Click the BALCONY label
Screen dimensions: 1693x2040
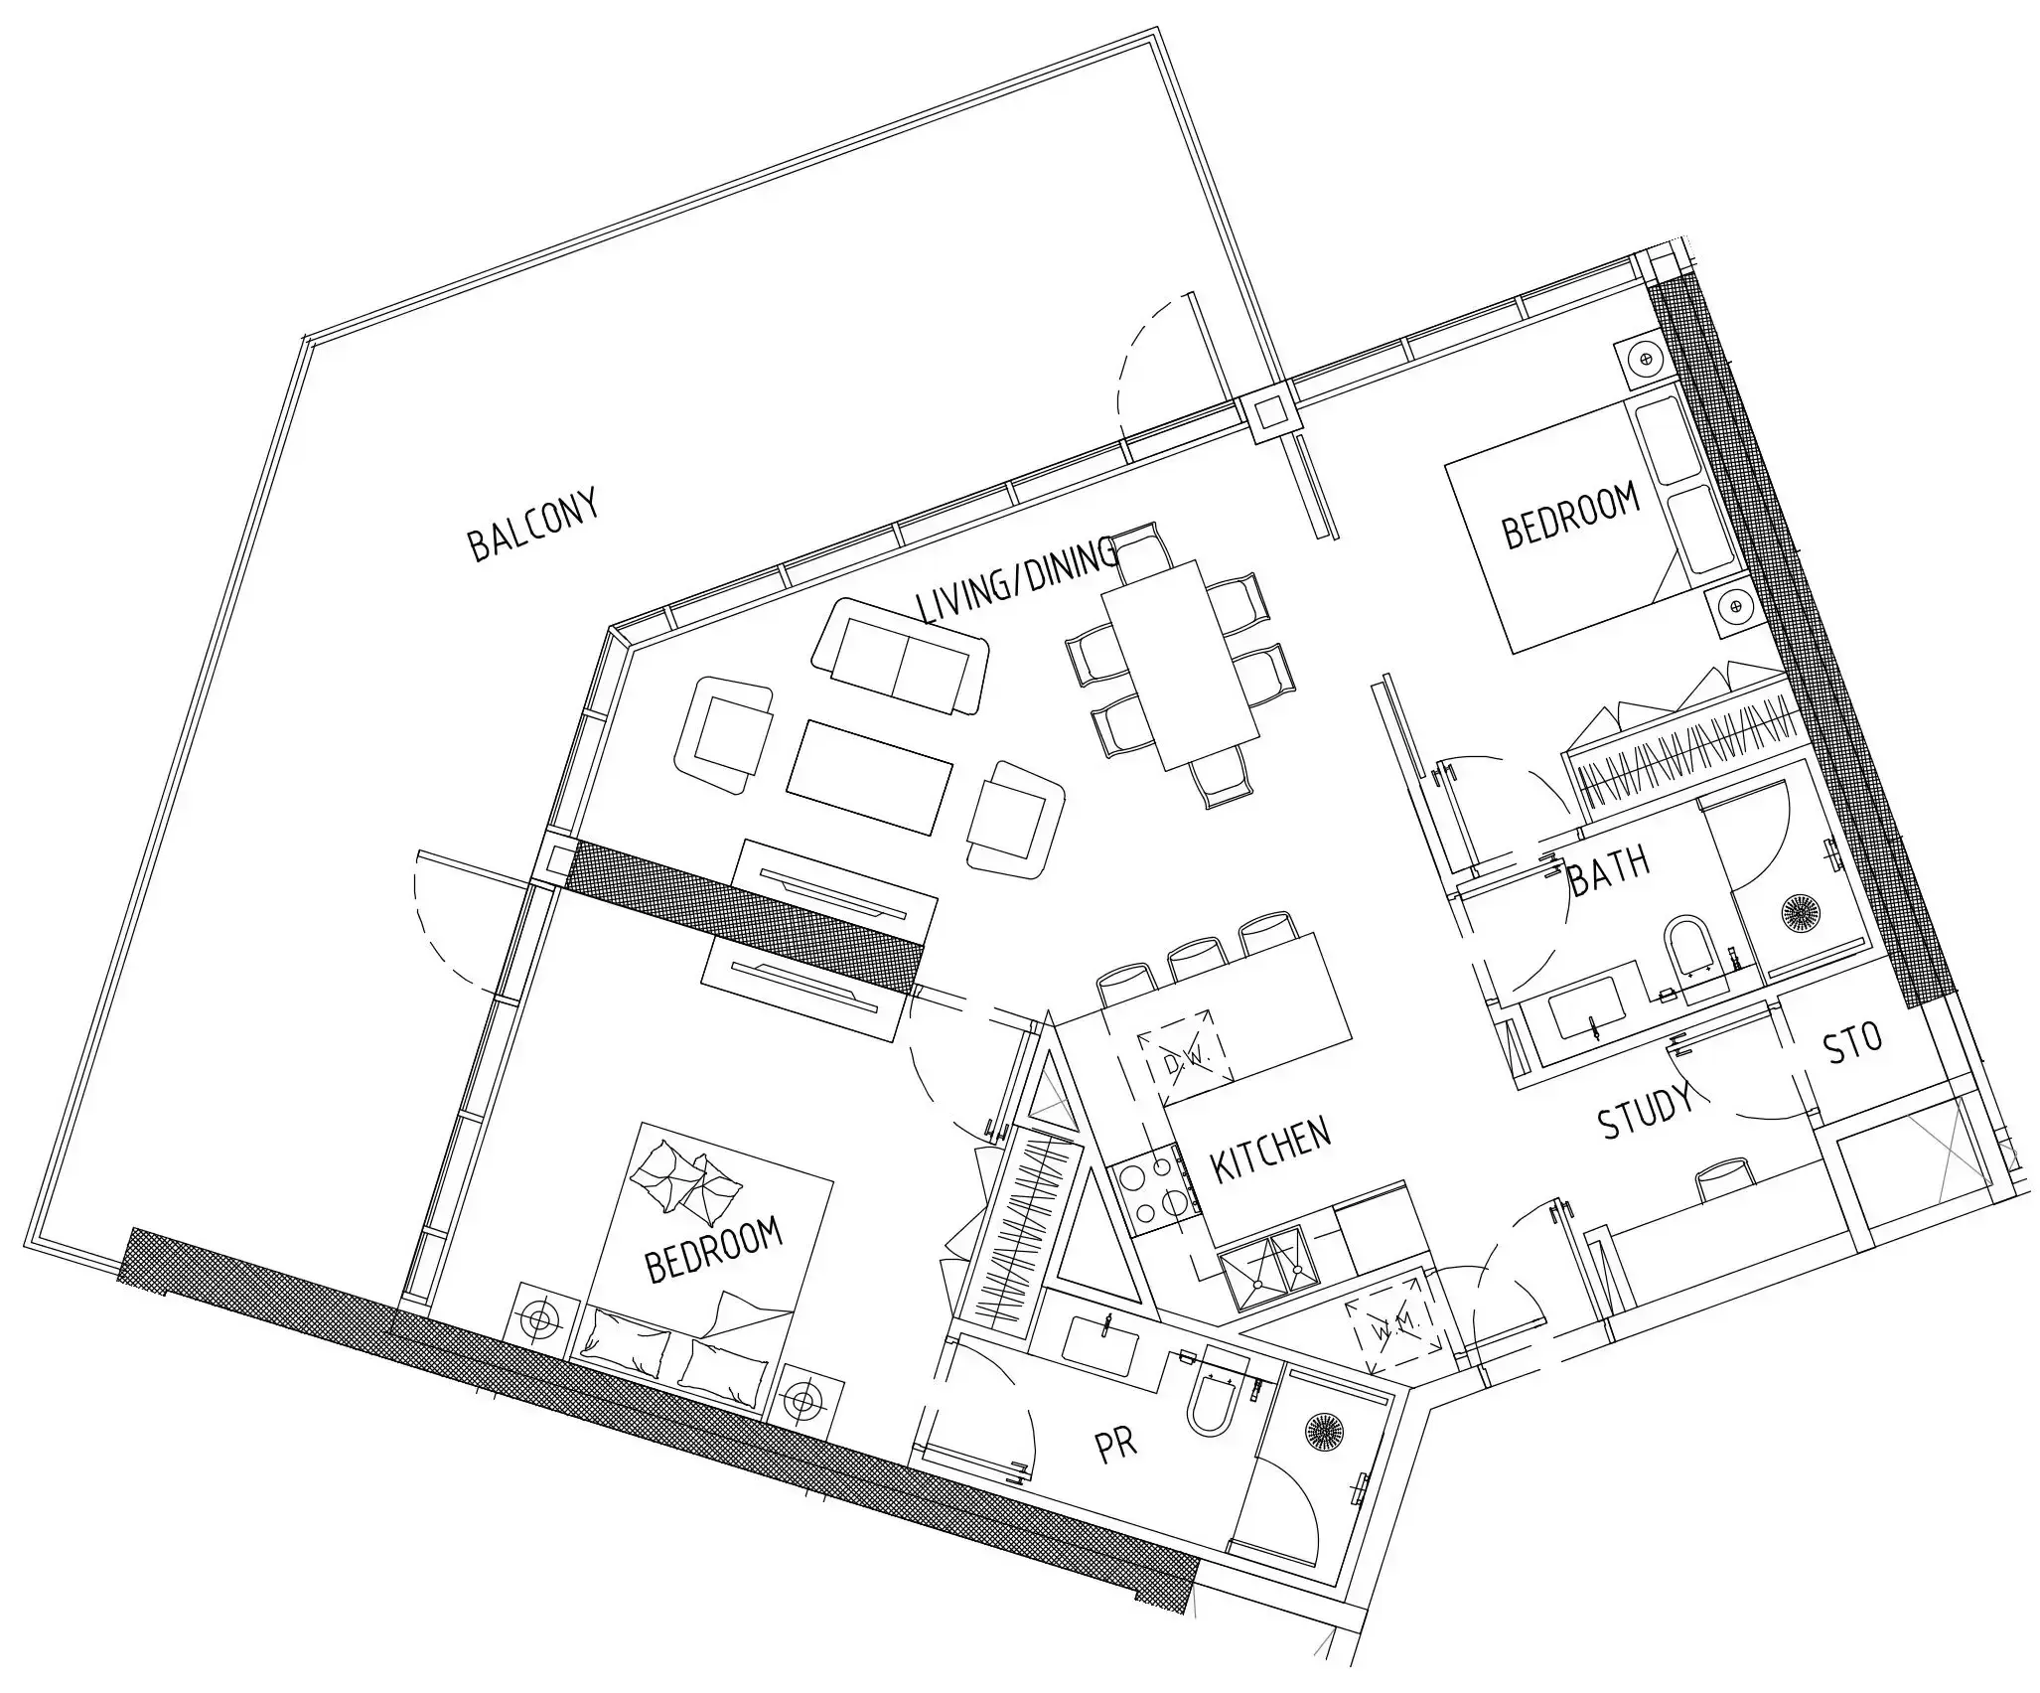(x=534, y=525)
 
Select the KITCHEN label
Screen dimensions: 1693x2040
(x=1270, y=1151)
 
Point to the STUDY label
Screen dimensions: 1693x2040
(x=1646, y=1111)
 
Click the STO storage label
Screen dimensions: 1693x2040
(x=1853, y=1043)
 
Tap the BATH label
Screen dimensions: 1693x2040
(x=1609, y=869)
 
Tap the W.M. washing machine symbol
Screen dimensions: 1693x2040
(x=1392, y=1324)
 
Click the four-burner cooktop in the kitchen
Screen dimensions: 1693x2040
(x=1156, y=1193)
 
